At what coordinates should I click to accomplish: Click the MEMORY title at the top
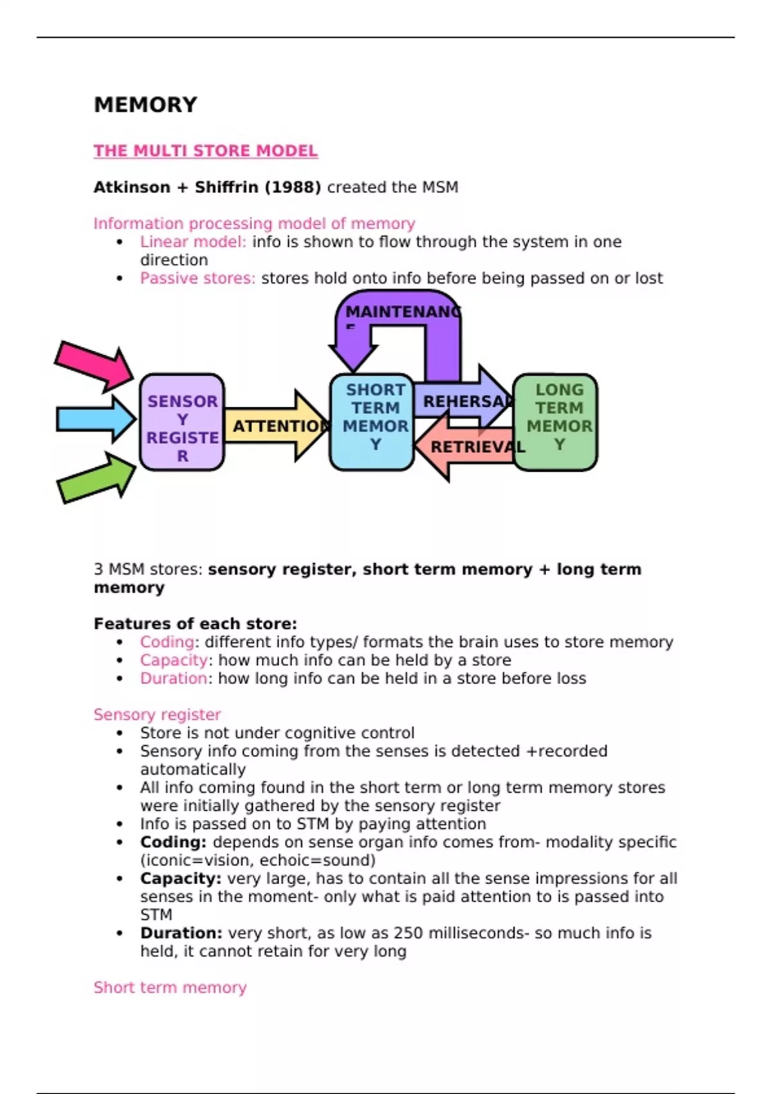coord(145,105)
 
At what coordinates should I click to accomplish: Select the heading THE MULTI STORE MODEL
coord(205,151)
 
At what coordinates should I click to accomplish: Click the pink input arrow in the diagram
coord(94,365)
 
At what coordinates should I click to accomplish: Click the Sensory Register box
coord(182,422)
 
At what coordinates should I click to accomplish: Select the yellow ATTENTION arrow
coord(277,425)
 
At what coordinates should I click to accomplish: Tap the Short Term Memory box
coord(372,422)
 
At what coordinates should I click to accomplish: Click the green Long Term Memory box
coord(556,422)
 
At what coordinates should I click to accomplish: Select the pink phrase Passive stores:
coord(198,279)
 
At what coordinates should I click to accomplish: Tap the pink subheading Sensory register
coord(157,715)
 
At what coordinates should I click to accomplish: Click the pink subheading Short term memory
coord(170,988)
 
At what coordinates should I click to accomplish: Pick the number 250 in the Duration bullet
coord(408,933)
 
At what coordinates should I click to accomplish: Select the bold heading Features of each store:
coord(196,624)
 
